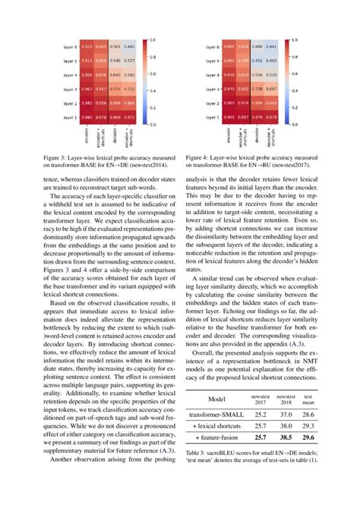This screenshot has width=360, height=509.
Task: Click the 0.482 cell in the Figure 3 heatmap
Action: tap(130, 47)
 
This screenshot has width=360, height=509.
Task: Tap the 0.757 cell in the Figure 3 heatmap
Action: tap(115, 90)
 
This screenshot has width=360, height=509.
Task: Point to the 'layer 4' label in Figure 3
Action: tap(69, 75)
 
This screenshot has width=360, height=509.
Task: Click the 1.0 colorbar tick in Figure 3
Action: tap(153, 40)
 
